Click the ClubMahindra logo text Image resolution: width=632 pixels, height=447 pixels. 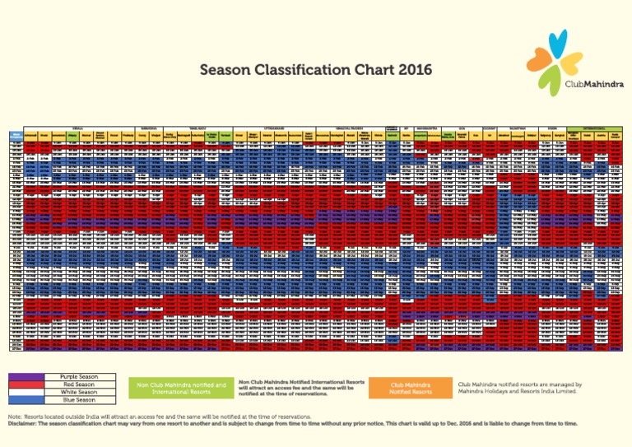pos(594,84)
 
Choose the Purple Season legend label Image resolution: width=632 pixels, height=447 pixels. pos(79,377)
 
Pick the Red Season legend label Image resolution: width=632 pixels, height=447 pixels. pos(79,384)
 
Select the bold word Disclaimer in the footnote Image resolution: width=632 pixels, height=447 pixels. pos(26,423)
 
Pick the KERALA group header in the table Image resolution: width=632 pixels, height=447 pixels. pos(79,128)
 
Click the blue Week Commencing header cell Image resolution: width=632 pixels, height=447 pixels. pos(16,135)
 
